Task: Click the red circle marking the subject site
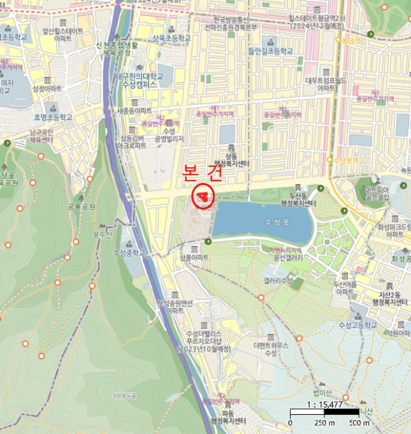203,197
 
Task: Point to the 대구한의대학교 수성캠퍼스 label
139,80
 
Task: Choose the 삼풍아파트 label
194,257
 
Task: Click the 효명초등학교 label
53,117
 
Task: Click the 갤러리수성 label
278,281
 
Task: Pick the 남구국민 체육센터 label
42,136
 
